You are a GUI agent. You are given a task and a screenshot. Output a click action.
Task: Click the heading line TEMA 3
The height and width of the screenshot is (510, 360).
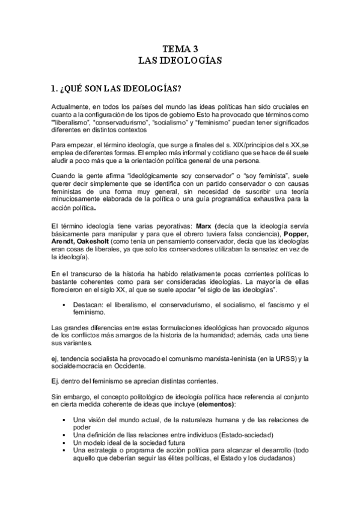(180, 49)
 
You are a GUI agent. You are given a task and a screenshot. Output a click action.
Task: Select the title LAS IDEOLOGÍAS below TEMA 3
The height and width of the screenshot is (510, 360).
(180, 61)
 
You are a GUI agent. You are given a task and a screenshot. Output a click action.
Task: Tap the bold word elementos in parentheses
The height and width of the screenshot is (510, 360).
(213, 404)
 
